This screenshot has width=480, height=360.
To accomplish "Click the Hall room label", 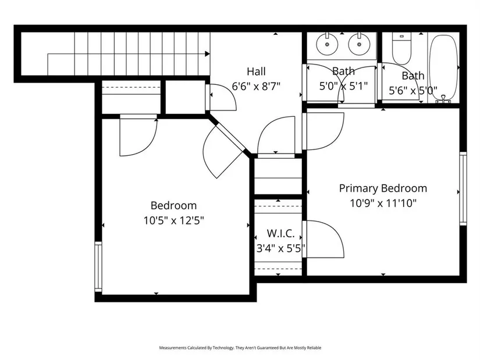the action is [256, 72].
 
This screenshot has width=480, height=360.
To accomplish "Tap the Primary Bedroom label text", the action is [383, 188].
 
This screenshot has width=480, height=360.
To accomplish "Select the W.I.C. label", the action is [280, 234].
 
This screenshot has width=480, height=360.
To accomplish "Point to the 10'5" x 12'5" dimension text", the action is [173, 220].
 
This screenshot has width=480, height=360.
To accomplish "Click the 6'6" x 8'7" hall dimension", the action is [256, 86].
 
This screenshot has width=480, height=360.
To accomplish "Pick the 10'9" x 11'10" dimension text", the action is [383, 203].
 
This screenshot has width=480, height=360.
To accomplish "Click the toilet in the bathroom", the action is [401, 48].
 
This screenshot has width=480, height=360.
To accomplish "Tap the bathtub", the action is [443, 67].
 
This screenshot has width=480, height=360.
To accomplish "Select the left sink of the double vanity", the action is [327, 44].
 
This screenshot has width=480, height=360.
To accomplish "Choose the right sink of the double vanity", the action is [359, 44].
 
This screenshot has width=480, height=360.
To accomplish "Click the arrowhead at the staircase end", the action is [207, 54].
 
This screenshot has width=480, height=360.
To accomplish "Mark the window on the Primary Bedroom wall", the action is [463, 188].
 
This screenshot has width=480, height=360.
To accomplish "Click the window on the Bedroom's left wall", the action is [98, 266].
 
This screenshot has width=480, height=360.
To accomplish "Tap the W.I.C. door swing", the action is [325, 239].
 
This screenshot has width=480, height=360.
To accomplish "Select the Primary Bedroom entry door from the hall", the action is [325, 131].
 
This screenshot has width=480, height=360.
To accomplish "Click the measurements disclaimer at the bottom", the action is [240, 348].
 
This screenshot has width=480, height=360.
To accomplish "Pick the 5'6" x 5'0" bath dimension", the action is [413, 91].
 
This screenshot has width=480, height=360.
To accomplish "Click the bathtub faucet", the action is [443, 98].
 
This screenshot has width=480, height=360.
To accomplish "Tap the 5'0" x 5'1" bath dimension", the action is [343, 86].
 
